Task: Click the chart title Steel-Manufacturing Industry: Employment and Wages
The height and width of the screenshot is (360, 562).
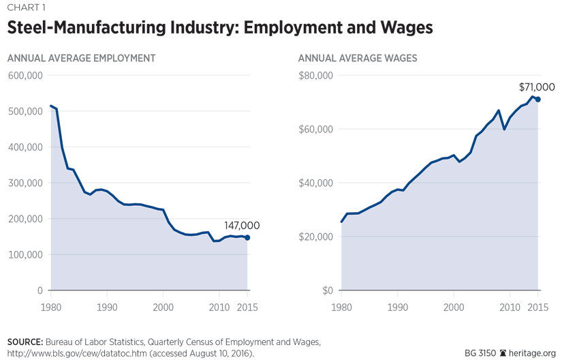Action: (x=220, y=29)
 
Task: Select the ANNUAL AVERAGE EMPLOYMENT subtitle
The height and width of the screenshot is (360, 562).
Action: (x=81, y=59)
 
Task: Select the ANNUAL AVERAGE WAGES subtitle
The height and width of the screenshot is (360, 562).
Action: (x=358, y=59)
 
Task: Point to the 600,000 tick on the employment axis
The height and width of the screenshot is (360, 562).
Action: (x=25, y=76)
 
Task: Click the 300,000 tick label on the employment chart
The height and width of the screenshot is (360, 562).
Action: (x=25, y=183)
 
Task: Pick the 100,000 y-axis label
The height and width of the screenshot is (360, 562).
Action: (x=25, y=255)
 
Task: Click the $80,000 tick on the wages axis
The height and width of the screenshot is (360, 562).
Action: (x=315, y=76)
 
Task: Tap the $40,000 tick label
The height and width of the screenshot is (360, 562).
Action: (x=315, y=183)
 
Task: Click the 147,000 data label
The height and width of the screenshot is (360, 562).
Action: (x=241, y=226)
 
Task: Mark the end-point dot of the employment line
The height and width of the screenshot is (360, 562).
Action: (x=247, y=238)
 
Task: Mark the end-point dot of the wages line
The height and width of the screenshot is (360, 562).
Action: (x=538, y=100)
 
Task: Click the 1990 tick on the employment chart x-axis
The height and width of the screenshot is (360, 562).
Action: (x=106, y=307)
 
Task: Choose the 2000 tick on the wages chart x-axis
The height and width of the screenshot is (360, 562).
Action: (x=454, y=307)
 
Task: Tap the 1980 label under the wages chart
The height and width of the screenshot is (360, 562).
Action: (x=342, y=307)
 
